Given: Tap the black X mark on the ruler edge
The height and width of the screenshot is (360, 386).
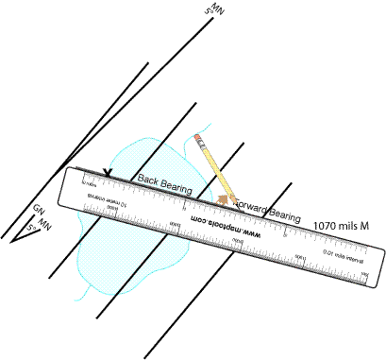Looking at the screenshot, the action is (x=109, y=173).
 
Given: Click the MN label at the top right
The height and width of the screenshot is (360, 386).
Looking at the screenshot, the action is (x=218, y=9).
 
